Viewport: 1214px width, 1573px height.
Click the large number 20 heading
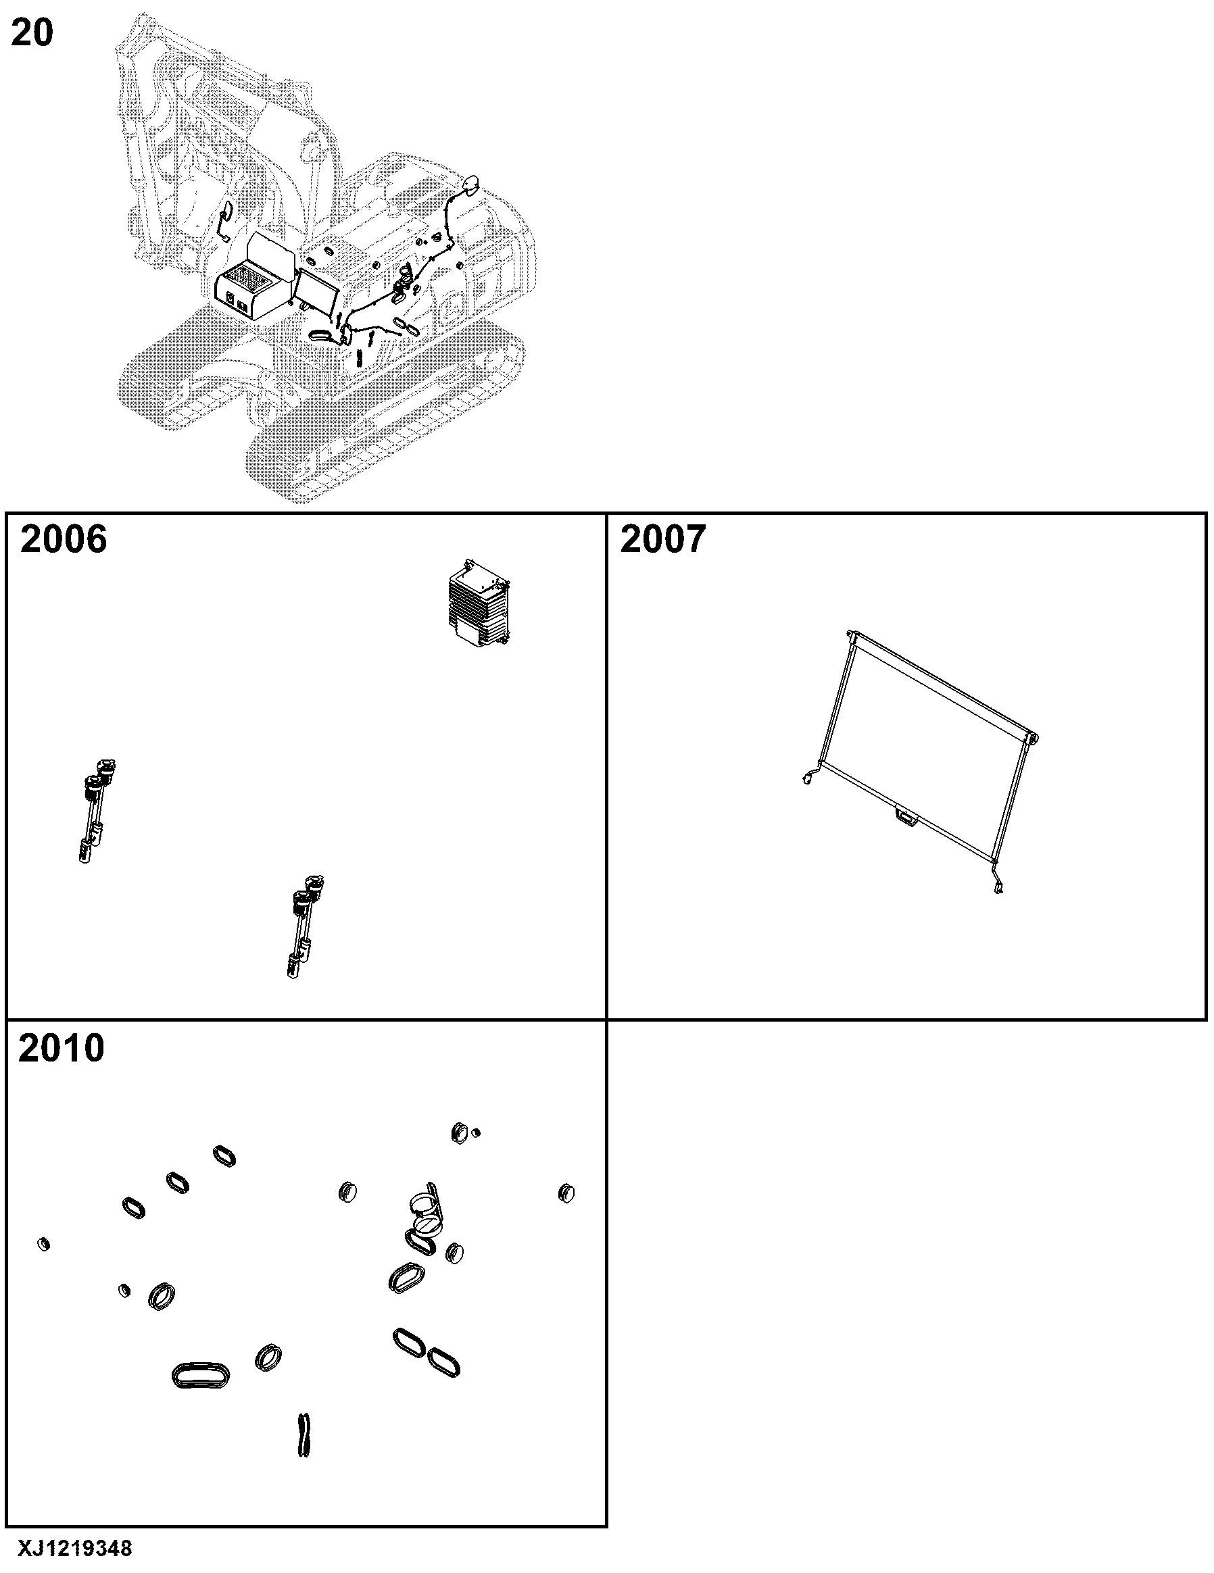(x=32, y=33)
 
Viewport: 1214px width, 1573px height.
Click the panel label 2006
(x=64, y=539)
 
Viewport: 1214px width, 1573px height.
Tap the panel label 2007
(x=664, y=539)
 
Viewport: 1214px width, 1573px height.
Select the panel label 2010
(x=62, y=1048)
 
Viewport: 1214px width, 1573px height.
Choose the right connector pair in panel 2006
(x=305, y=926)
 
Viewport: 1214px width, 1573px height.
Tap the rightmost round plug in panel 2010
(x=566, y=1193)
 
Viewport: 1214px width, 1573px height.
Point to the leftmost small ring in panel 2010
(x=44, y=1243)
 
